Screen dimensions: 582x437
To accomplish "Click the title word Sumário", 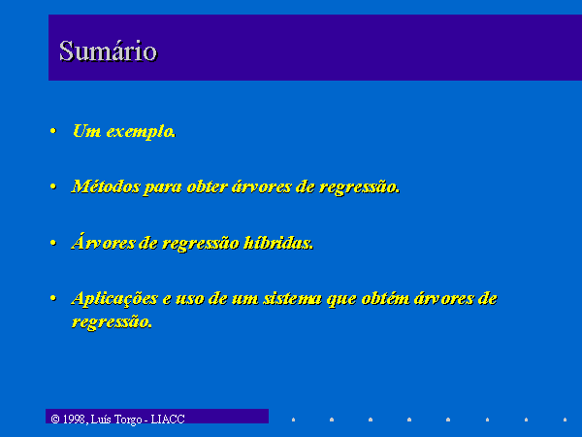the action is [x=108, y=50].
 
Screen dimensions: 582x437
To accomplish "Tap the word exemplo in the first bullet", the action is [x=141, y=132].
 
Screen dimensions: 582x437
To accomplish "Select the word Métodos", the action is [x=106, y=186].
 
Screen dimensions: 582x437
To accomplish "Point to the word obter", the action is [x=207, y=186].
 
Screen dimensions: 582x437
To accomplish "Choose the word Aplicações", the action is [x=114, y=299].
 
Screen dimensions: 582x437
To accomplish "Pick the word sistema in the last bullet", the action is [x=293, y=299].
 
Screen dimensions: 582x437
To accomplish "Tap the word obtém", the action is [x=385, y=298].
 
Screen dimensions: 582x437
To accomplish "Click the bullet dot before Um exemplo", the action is [x=53, y=131].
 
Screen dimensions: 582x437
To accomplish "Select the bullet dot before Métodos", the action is [x=53, y=186].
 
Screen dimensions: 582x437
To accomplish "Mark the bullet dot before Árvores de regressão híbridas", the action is [x=53, y=243].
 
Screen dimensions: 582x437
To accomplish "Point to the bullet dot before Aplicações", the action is [x=53, y=298].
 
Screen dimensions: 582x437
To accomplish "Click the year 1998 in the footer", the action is [x=75, y=420].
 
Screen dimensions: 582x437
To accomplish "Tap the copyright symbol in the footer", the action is [x=55, y=420].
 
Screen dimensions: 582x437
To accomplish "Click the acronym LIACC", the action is [x=168, y=420].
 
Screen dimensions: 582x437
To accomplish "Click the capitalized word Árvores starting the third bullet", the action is [x=103, y=242].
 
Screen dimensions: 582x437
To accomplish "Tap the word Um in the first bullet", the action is [x=87, y=131].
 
